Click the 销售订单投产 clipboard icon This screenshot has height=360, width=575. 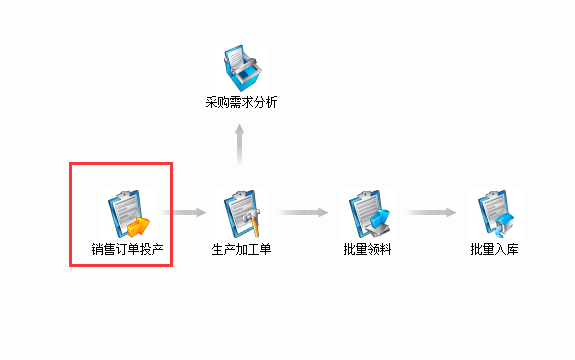click(x=125, y=213)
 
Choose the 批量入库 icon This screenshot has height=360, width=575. click(x=495, y=213)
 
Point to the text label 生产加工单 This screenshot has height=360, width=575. click(x=242, y=248)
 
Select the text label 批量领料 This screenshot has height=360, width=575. click(x=367, y=248)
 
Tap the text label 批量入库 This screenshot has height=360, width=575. click(x=495, y=248)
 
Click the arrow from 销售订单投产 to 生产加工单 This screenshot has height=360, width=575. click(x=185, y=212)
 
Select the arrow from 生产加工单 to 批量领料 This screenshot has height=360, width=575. click(x=304, y=212)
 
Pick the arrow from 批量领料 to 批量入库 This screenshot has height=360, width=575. click(x=431, y=212)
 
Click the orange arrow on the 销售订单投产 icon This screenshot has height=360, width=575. click(x=138, y=225)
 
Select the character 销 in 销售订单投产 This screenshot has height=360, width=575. click(x=97, y=248)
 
